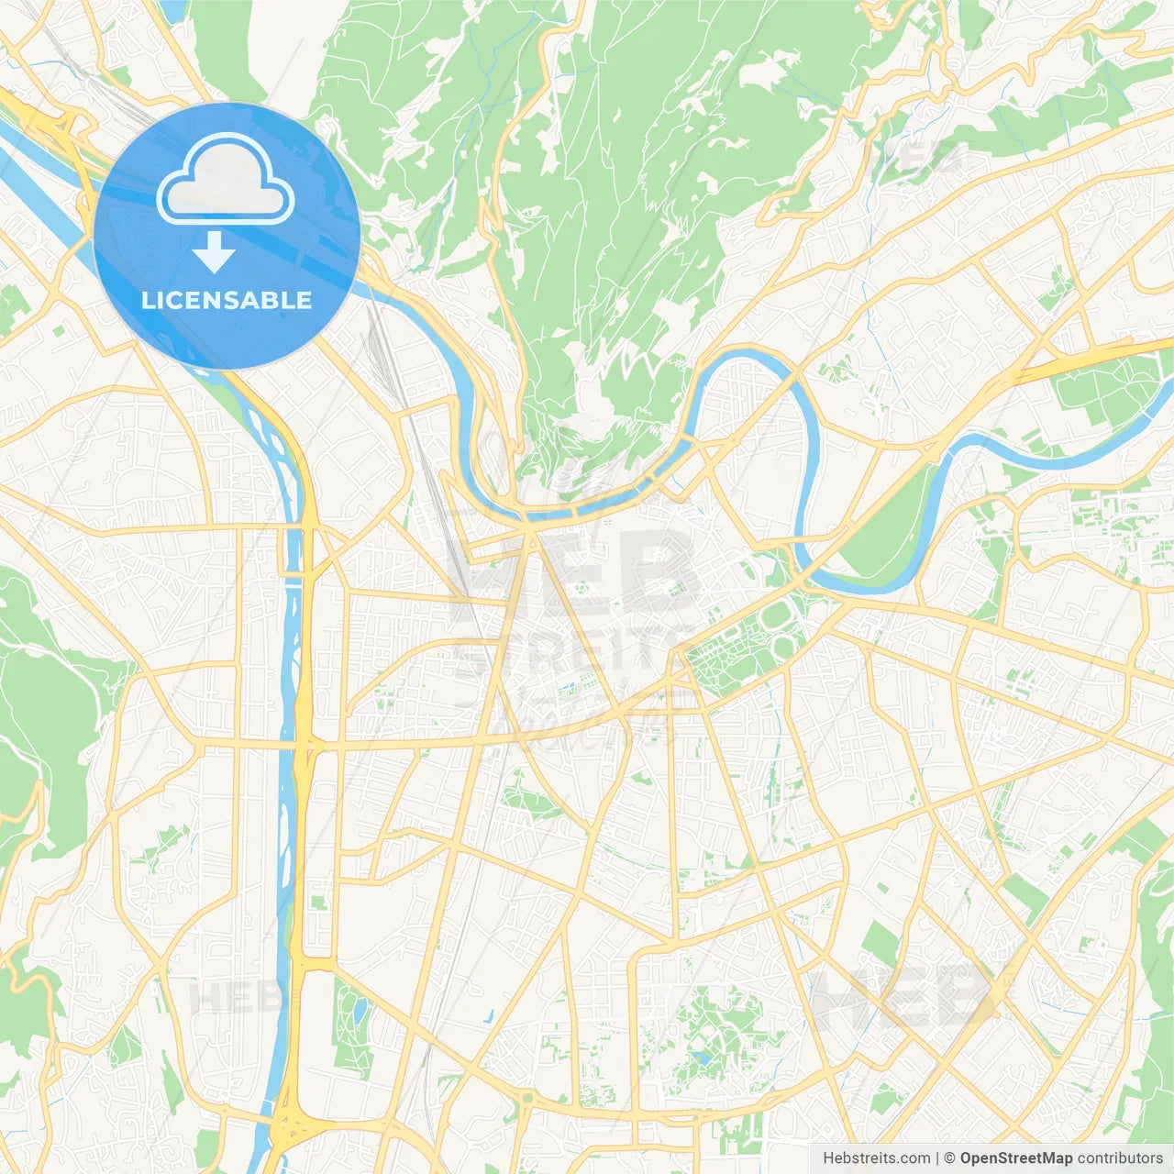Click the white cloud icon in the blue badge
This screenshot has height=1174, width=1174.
pos(226,180)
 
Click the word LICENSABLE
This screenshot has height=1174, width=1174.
pos(227,300)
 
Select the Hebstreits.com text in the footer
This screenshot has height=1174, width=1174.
pos(876,1158)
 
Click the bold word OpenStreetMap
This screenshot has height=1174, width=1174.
pos(1015,1158)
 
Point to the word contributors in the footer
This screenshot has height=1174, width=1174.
pos(1120,1158)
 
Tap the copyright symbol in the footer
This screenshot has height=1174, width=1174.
pos(949,1158)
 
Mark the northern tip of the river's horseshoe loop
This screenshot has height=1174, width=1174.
pos(748,351)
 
